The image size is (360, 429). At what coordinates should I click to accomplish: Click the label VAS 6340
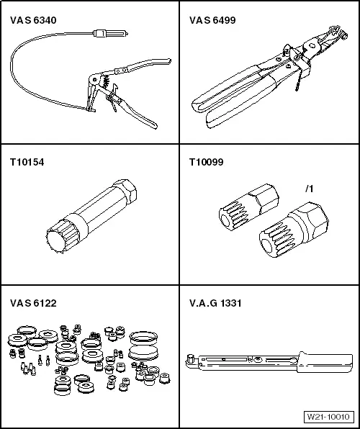33,21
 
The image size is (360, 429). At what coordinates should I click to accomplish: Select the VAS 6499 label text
213,21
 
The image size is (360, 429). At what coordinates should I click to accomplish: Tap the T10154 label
27,163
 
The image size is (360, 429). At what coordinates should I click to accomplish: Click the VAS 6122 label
33,303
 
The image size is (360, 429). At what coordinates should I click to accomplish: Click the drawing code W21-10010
327,417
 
